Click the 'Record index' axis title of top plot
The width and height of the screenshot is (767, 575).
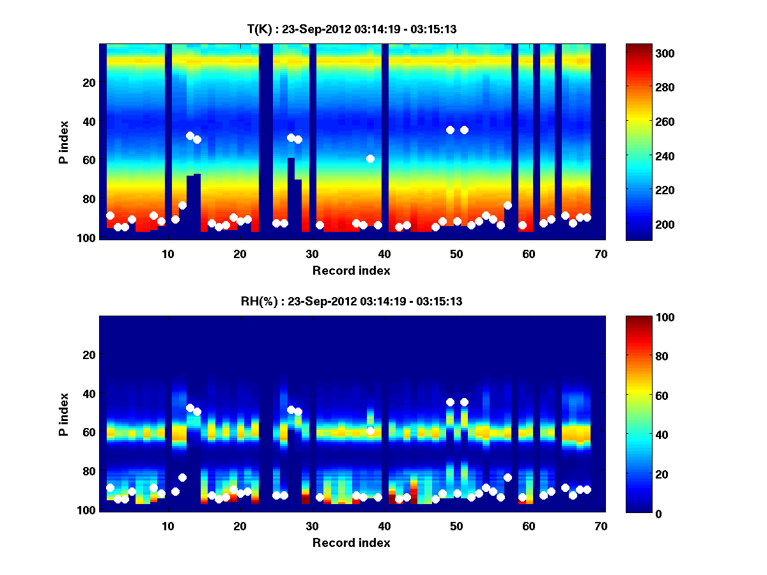pos(351,270)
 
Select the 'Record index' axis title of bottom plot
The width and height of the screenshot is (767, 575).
pos(351,542)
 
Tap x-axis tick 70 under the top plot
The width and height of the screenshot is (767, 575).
pos(601,253)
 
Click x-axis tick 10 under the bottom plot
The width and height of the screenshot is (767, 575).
pos(167,525)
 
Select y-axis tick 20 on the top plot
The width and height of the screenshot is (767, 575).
pos(89,82)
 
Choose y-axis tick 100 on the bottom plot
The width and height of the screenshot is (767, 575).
pos(86,509)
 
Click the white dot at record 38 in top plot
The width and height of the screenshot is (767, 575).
pos(370,158)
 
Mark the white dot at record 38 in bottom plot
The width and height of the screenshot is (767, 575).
pos(370,431)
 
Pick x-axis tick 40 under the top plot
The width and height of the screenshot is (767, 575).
pos(384,253)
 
